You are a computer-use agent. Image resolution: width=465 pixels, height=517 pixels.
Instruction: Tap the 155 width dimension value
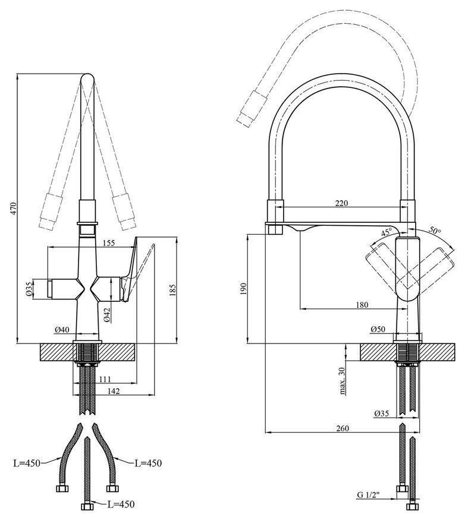(x=108, y=243)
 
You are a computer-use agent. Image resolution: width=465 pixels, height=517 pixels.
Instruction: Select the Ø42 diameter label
(x=106, y=314)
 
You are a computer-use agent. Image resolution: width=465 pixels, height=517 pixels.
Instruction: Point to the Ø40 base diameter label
(x=62, y=329)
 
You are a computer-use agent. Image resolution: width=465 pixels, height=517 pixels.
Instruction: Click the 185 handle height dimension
(x=172, y=290)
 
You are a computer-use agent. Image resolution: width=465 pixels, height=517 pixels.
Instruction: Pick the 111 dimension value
(x=105, y=379)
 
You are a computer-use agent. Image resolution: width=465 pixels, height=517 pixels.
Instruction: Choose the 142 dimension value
(x=114, y=391)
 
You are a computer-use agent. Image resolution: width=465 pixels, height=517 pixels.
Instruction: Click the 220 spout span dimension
(x=341, y=203)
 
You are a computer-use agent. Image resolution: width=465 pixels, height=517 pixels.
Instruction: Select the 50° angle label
(x=434, y=229)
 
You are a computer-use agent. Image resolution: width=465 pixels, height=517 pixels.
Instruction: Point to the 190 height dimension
(x=244, y=288)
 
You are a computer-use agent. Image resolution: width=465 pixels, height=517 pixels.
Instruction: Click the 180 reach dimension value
(x=362, y=305)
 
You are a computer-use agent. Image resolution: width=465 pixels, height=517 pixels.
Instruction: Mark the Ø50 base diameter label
(x=378, y=329)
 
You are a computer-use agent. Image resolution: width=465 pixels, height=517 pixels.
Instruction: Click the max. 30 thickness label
(x=342, y=381)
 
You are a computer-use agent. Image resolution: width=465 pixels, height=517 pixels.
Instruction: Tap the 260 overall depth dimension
(x=343, y=428)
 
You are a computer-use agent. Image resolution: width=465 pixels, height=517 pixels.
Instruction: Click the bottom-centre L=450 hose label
(x=121, y=504)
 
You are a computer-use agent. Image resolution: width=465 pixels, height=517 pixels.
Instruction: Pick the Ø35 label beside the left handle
(x=29, y=289)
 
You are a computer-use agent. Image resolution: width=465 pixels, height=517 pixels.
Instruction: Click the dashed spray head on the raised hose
(x=252, y=109)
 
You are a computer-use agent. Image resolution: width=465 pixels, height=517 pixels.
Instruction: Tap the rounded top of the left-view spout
(x=88, y=78)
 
